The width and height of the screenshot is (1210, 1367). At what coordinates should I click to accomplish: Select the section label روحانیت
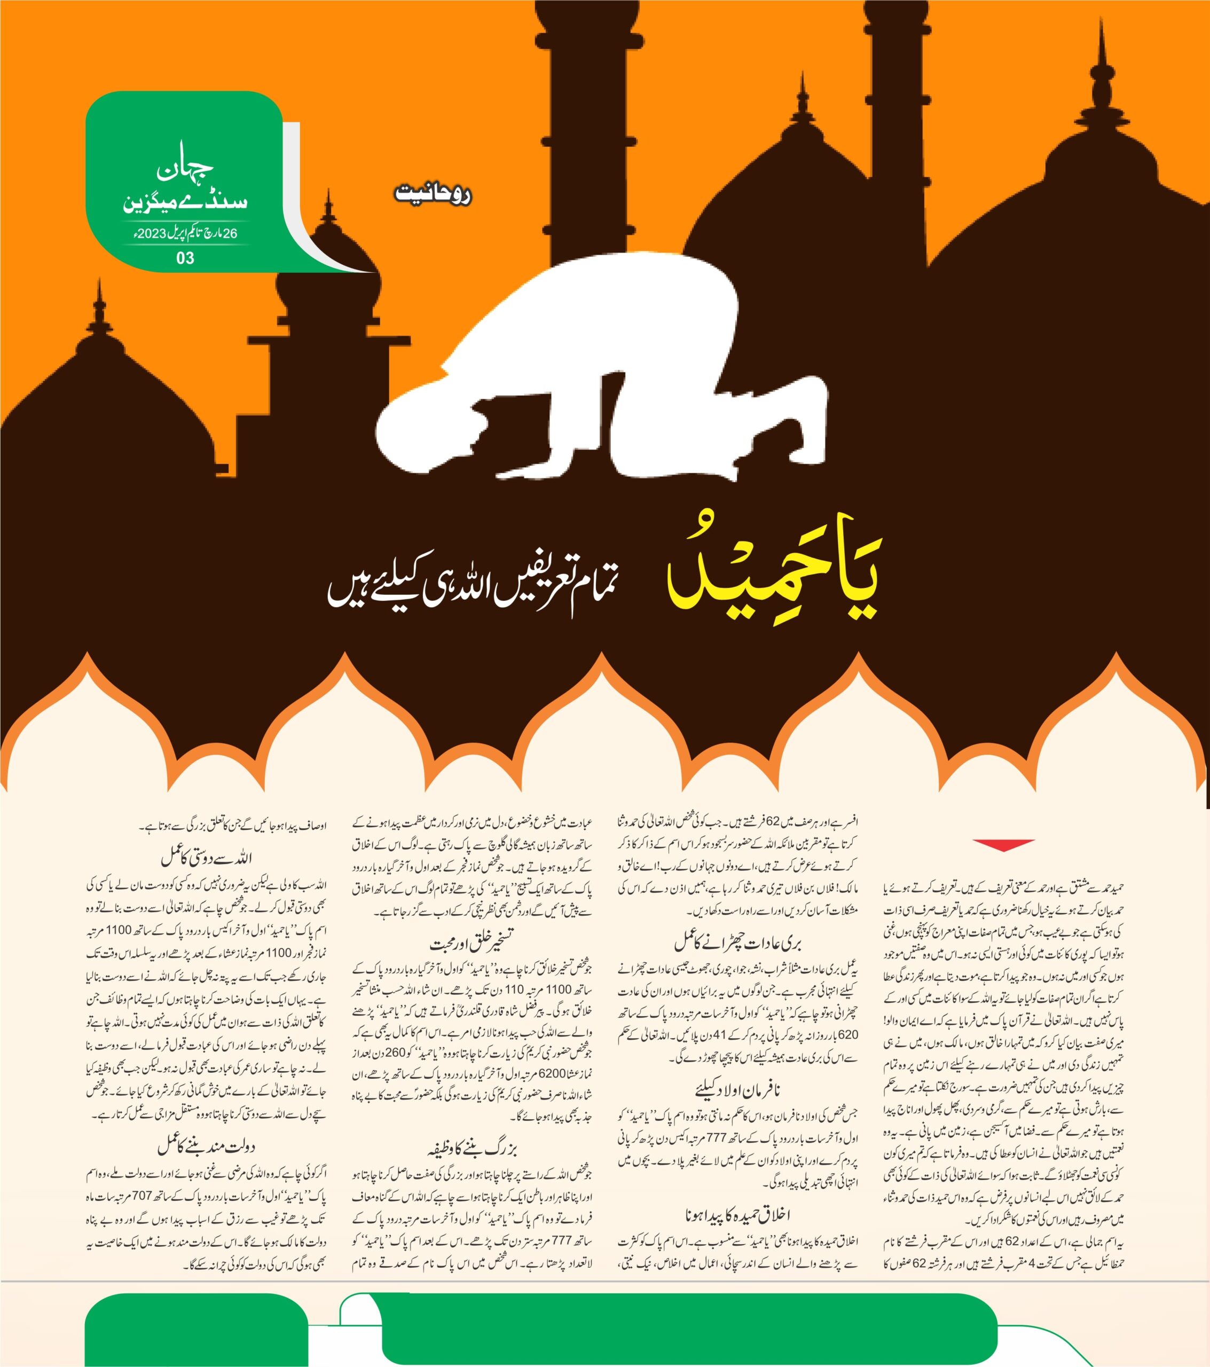tap(434, 195)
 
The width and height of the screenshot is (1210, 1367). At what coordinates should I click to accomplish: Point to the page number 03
tap(185, 258)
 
